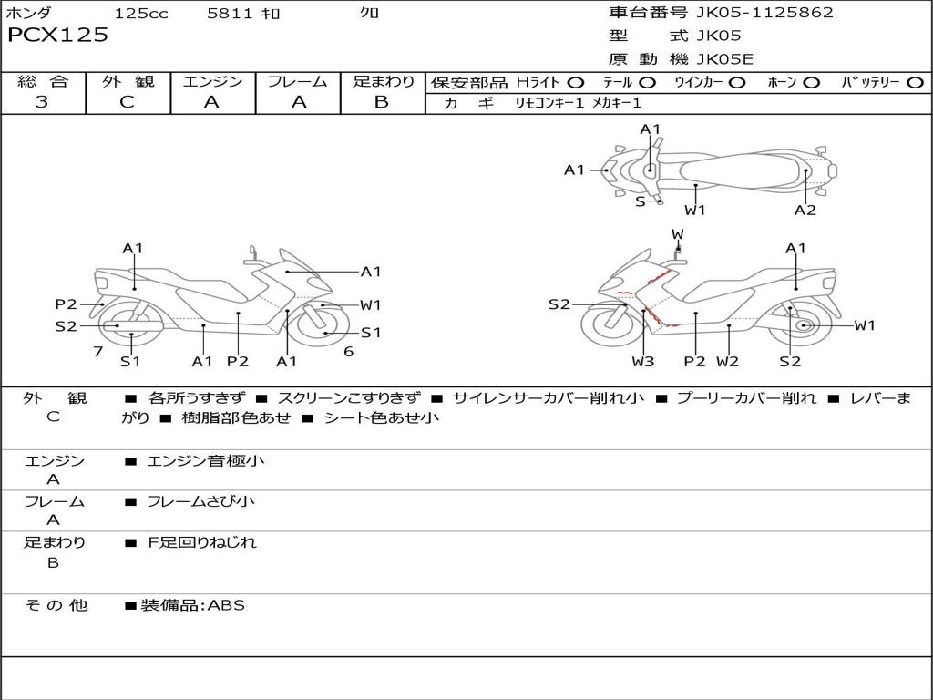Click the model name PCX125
pyautogui.click(x=57, y=36)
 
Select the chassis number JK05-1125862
pyautogui.click(x=764, y=13)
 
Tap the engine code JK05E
pyautogui.click(x=724, y=59)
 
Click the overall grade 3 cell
pyautogui.click(x=42, y=102)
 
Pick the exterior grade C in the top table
pyautogui.click(x=127, y=102)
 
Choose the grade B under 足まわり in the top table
pyautogui.click(x=382, y=102)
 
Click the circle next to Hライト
pyautogui.click(x=576, y=83)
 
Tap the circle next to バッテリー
pyautogui.click(x=915, y=83)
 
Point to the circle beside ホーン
pyautogui.click(x=812, y=83)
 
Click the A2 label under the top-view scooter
pyautogui.click(x=805, y=211)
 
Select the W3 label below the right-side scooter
pyautogui.click(x=643, y=361)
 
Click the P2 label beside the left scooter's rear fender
pyautogui.click(x=66, y=304)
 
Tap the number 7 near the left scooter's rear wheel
pyautogui.click(x=98, y=352)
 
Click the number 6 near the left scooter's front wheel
pyautogui.click(x=349, y=352)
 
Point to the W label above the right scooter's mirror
pyautogui.click(x=678, y=234)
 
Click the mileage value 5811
pyautogui.click(x=230, y=13)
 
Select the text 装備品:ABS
pyautogui.click(x=193, y=605)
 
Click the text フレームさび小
pyautogui.click(x=200, y=502)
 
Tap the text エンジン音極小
pyautogui.click(x=205, y=460)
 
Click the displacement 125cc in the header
pyautogui.click(x=141, y=13)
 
